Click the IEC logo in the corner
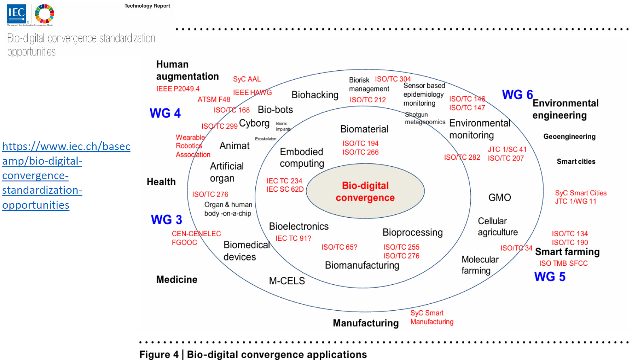pos(17,13)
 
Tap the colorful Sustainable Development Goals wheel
pos(45,14)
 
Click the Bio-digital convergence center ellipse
pos(365,191)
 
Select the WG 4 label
pos(165,113)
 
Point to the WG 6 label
pos(517,95)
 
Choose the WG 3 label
pos(166,220)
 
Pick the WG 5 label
pos(550,277)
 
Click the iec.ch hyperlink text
pos(66,176)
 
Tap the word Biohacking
pos(315,95)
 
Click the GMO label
pos(499,197)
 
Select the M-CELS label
pos(287,281)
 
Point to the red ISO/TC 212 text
pos(368,100)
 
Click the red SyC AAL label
pos(247,79)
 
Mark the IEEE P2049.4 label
pos(178,89)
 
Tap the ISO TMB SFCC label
pos(563,263)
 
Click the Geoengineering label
pos(569,137)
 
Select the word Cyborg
pos(254,123)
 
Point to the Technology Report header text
pos(147,6)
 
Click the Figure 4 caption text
pos(253,354)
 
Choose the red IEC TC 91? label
pos(293,239)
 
